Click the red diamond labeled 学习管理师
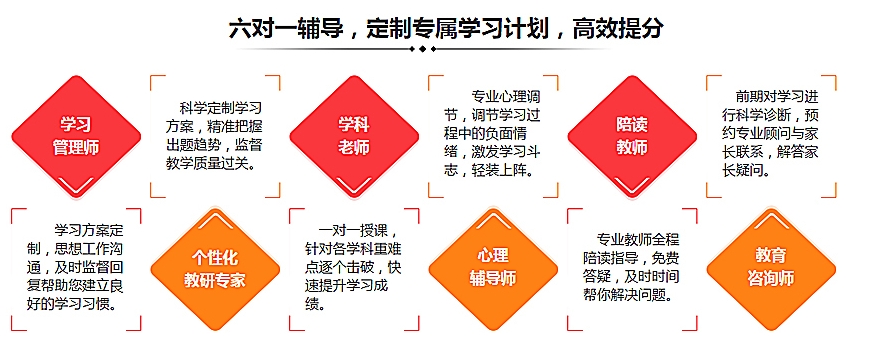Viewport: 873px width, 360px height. click(76, 135)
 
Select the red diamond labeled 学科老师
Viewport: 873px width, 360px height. click(354, 135)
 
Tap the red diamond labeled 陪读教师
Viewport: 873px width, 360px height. click(632, 135)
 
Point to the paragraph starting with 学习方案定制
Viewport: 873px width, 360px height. click(74, 266)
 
